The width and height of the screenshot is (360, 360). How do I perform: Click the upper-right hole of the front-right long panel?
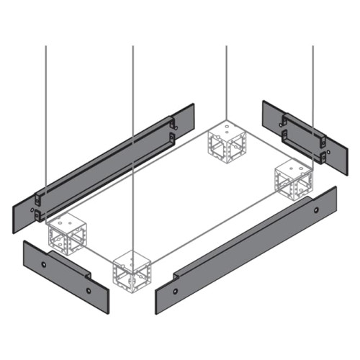point(317,209)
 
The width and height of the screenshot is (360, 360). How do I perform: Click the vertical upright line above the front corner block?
point(133,144)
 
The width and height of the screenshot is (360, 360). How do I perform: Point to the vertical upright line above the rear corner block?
point(227,79)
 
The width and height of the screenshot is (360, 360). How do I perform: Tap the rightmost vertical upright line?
point(313,86)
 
